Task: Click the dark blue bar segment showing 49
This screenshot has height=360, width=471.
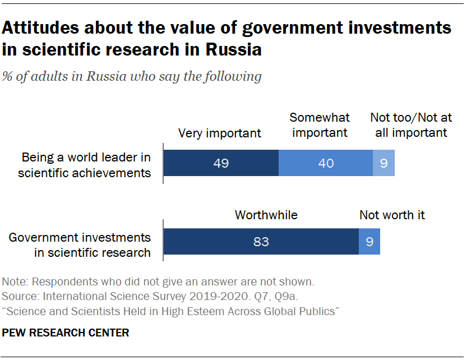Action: pyautogui.click(x=220, y=163)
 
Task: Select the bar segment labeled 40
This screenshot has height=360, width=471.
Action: pyautogui.click(x=326, y=163)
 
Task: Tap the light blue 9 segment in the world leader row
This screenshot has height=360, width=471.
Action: pyautogui.click(x=384, y=163)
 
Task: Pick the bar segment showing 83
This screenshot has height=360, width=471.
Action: pyautogui.click(x=261, y=242)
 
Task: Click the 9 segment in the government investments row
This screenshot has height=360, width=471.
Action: pyautogui.click(x=370, y=242)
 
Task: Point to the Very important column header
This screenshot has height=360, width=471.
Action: pyautogui.click(x=219, y=133)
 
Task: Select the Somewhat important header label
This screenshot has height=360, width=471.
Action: pyautogui.click(x=320, y=125)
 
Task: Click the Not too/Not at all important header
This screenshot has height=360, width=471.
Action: pyautogui.click(x=408, y=125)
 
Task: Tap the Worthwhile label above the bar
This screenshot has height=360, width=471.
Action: pyautogui.click(x=266, y=215)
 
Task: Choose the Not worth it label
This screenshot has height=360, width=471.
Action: pyautogui.click(x=392, y=215)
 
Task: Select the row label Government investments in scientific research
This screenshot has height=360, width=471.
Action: pyautogui.click(x=80, y=245)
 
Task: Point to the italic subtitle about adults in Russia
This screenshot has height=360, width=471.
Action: pyautogui.click(x=132, y=76)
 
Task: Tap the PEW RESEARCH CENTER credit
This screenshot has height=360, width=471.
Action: pyautogui.click(x=66, y=333)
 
